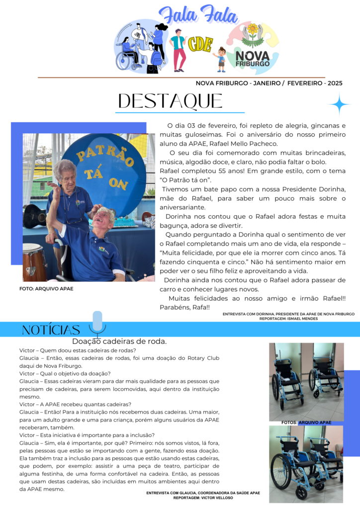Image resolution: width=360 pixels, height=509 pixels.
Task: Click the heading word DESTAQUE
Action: [x=170, y=101]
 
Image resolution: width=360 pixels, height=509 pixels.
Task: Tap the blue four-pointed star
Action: [x=339, y=104]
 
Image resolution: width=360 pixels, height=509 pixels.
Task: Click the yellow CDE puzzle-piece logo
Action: [x=200, y=45]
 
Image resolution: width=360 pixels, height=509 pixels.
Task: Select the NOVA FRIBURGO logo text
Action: [x=252, y=59]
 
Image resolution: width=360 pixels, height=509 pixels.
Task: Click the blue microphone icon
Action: [x=97, y=323]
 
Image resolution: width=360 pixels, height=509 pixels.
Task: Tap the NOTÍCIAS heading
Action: [x=51, y=330]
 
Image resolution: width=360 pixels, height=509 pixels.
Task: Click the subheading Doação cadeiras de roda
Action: [x=119, y=341]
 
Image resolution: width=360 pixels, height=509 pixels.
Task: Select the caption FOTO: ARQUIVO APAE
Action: [x=46, y=289]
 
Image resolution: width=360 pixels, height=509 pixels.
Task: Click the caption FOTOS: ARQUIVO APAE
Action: [x=306, y=423]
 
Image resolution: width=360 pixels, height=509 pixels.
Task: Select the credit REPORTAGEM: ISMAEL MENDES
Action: [x=288, y=319]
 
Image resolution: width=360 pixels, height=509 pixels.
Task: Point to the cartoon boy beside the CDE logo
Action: [x=221, y=58]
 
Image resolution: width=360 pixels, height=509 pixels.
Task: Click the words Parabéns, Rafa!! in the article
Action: [x=184, y=307]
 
